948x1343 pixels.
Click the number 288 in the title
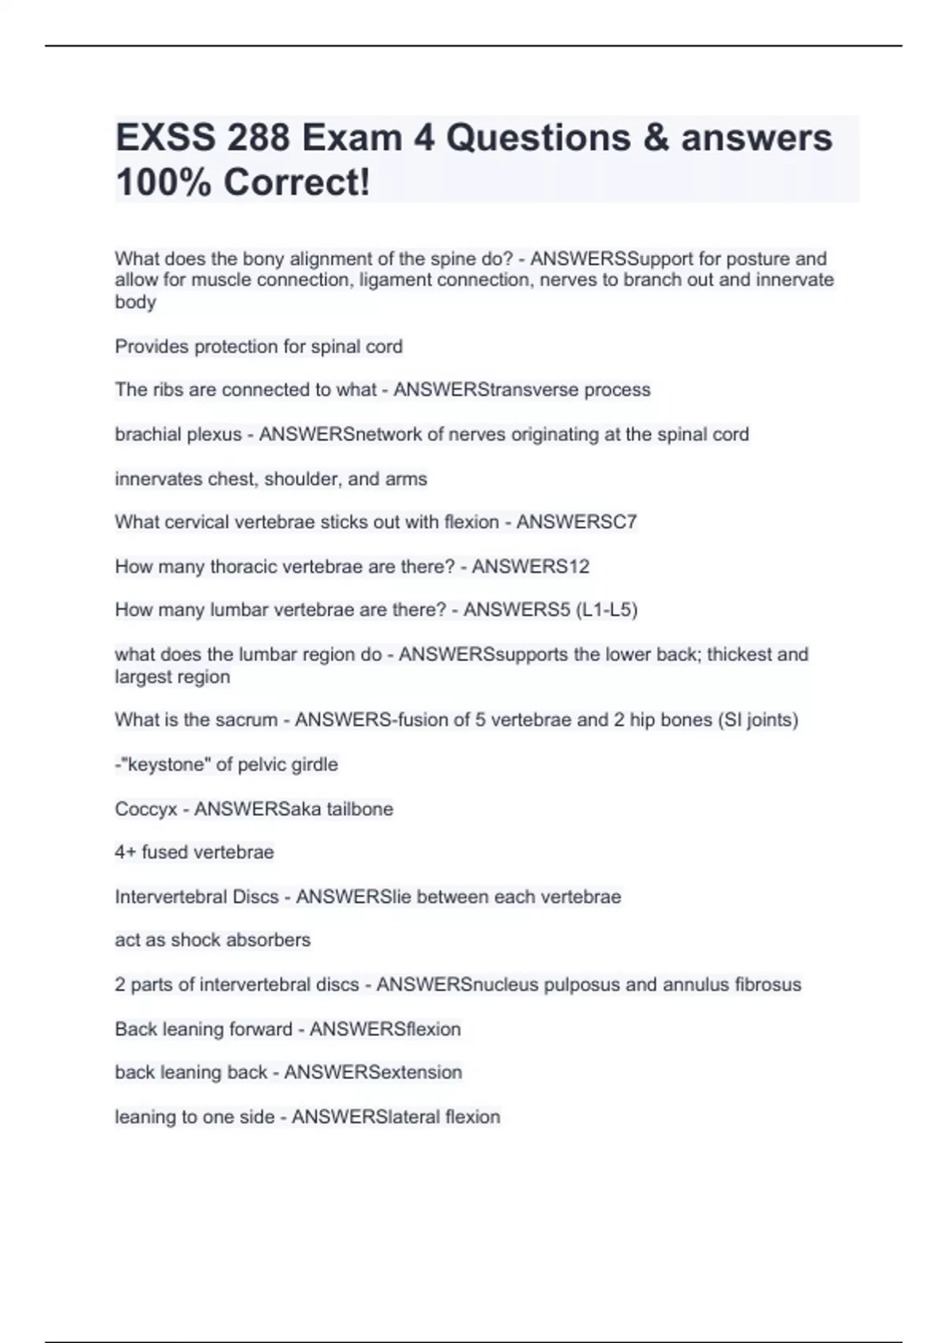(258, 138)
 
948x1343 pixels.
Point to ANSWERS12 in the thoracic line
(530, 566)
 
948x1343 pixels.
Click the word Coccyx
(145, 809)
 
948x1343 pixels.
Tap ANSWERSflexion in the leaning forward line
(385, 1029)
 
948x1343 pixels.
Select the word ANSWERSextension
(373, 1073)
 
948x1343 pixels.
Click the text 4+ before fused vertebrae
(126, 852)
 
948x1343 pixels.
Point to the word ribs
(160, 390)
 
